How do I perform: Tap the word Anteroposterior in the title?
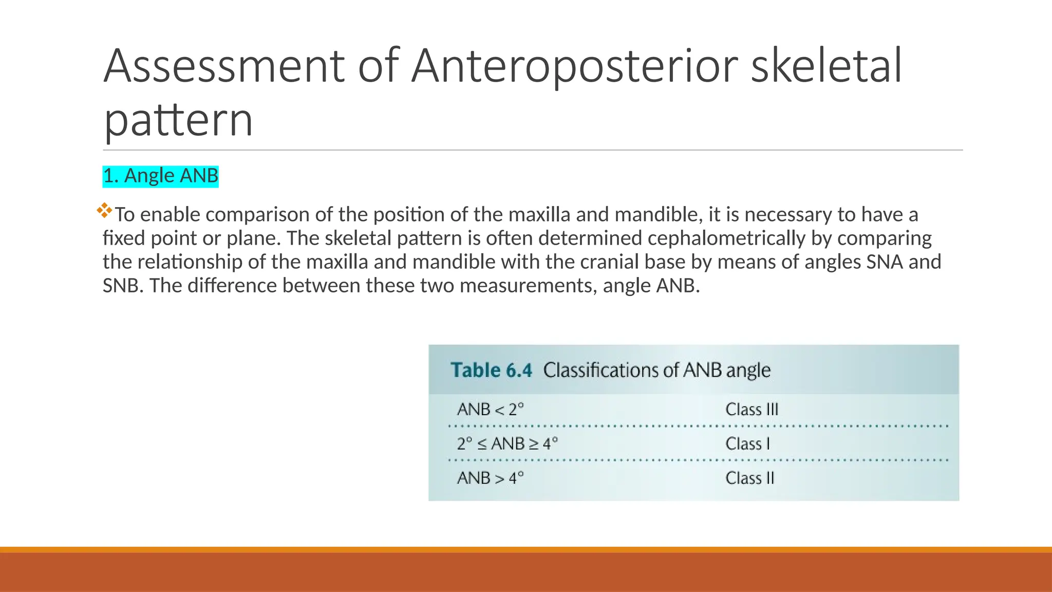tap(574, 67)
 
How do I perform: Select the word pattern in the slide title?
tap(178, 120)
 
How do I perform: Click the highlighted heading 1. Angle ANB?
tap(161, 176)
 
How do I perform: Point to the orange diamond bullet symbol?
tap(104, 210)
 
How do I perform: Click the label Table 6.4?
tap(492, 370)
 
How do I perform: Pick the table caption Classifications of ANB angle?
tap(657, 370)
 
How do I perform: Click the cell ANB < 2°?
tap(491, 410)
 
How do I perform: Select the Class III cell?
tap(752, 410)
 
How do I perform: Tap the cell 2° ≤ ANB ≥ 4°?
tap(507, 443)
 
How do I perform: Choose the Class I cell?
tap(748, 443)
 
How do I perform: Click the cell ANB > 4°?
tap(491, 478)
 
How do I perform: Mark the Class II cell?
tap(750, 478)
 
